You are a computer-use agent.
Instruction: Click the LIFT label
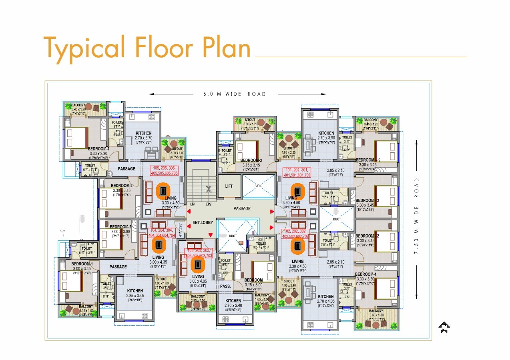pyautogui.click(x=229, y=186)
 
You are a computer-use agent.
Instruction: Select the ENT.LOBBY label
pyautogui.click(x=203, y=222)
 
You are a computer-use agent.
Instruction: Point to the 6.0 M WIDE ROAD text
pyautogui.click(x=235, y=94)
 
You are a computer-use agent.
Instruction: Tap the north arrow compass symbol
pyautogui.click(x=444, y=328)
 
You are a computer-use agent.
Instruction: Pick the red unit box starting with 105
pyautogui.click(x=164, y=170)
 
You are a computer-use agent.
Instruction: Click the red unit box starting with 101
pyautogui.click(x=297, y=172)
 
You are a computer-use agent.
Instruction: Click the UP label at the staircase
pyautogui.click(x=193, y=204)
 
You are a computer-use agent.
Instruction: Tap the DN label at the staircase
pyautogui.click(x=208, y=204)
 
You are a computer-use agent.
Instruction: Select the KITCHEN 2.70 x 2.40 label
pyautogui.click(x=233, y=303)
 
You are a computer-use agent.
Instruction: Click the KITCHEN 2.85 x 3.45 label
pyautogui.click(x=135, y=294)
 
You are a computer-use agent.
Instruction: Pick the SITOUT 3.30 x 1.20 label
pyautogui.click(x=250, y=122)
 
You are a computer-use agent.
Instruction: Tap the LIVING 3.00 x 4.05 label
pyautogui.click(x=198, y=279)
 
